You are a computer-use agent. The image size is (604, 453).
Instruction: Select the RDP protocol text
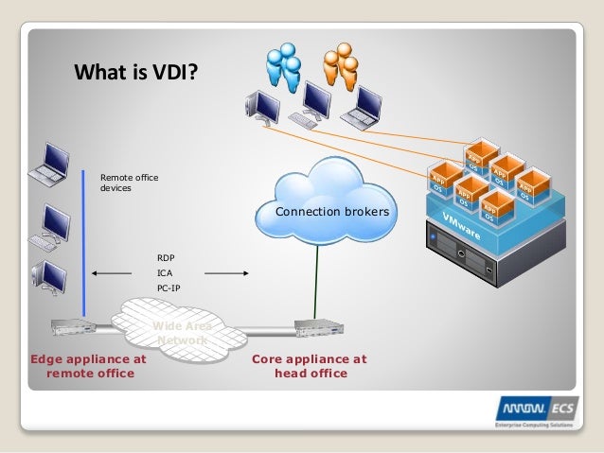click(166, 257)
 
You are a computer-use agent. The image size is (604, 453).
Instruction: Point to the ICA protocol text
click(164, 272)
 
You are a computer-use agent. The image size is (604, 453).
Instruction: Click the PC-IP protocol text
click(168, 287)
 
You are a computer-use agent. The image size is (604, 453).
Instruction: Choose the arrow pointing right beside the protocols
click(226, 273)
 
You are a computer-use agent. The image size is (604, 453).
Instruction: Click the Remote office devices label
click(129, 183)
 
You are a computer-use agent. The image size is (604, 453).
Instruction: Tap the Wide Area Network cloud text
click(182, 333)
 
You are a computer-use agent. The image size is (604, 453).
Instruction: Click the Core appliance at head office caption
click(309, 366)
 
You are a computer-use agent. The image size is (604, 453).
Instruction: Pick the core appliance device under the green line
click(312, 327)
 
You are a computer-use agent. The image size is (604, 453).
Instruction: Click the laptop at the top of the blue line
click(45, 165)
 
